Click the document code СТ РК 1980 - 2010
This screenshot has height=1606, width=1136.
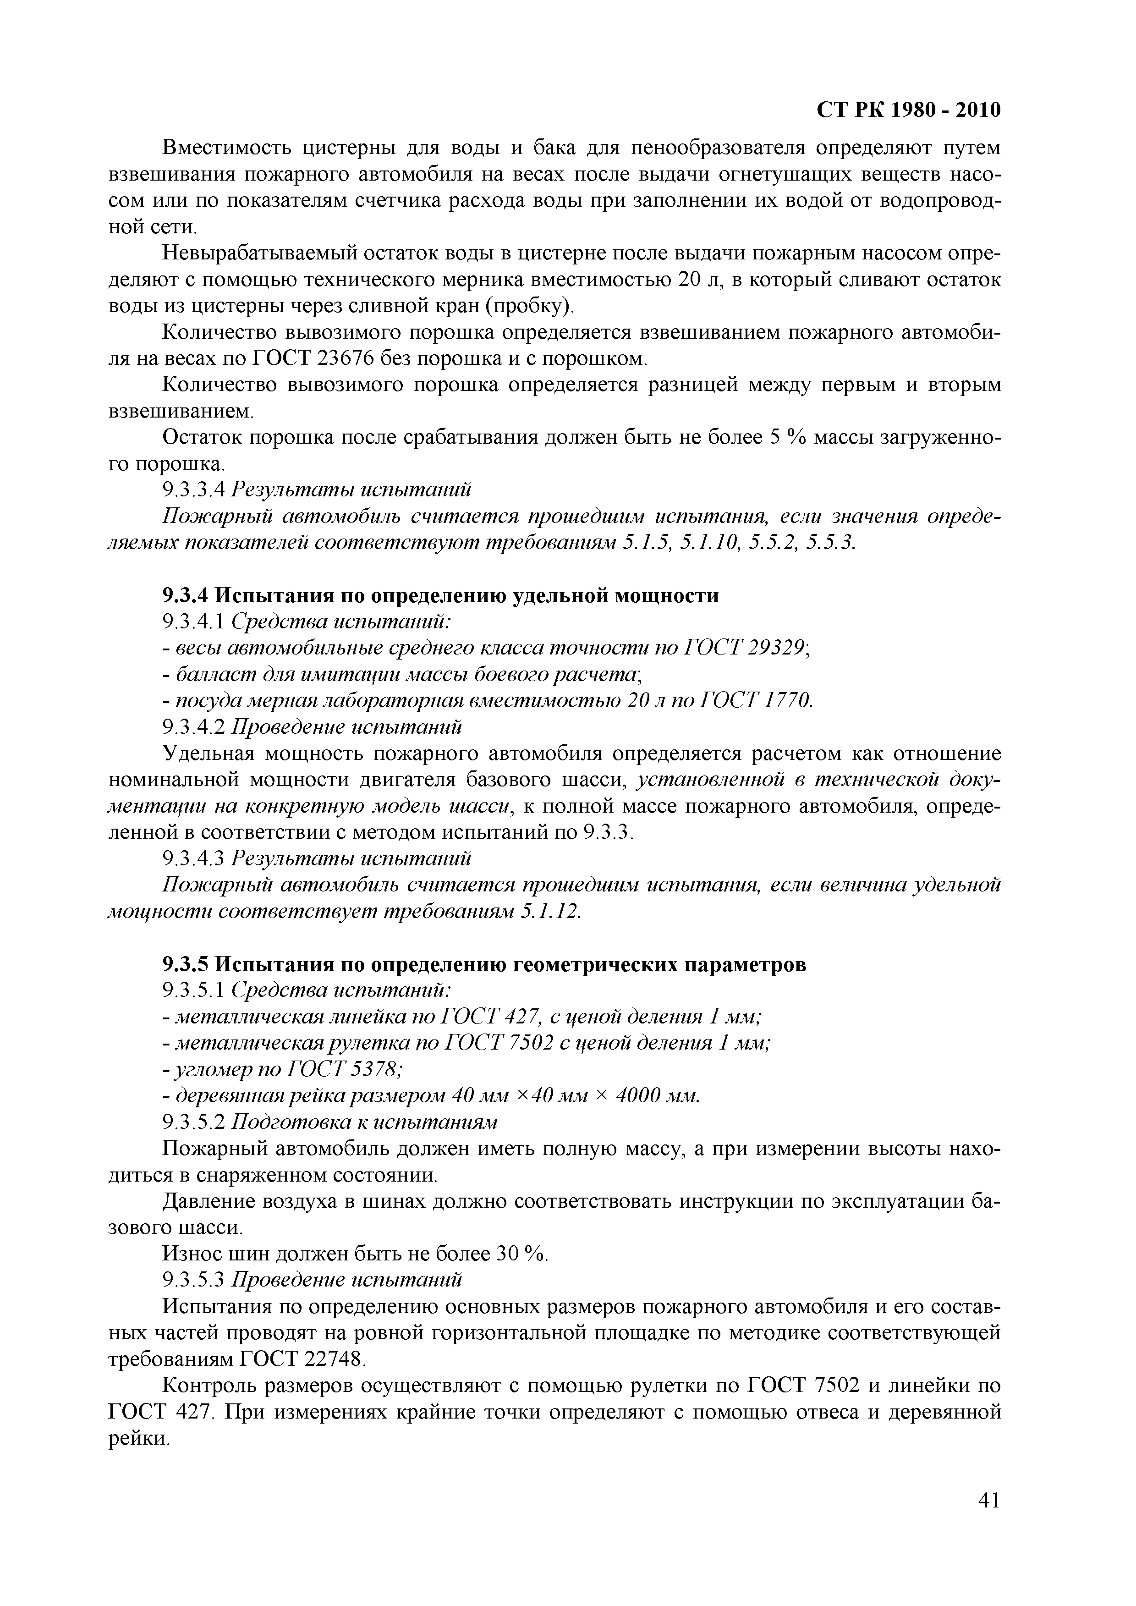[909, 110]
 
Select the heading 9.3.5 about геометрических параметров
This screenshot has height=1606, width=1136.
[484, 965]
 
